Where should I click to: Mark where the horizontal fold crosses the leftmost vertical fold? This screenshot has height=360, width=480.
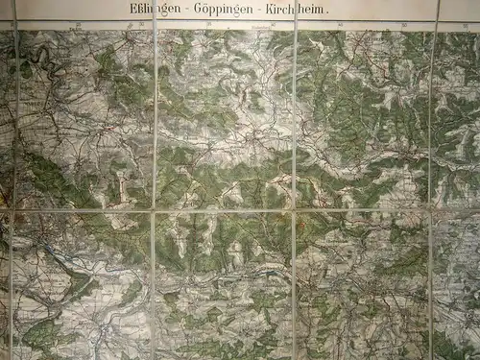(12, 209)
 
